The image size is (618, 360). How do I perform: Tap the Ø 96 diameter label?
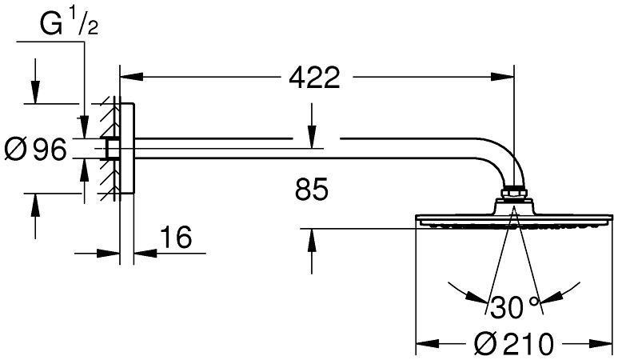(35, 150)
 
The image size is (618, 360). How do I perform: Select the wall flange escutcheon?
(127, 150)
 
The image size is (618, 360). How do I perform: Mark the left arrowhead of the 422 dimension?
(128, 78)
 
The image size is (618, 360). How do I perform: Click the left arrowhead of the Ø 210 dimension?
(425, 344)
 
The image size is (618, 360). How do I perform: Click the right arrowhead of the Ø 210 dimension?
(602, 344)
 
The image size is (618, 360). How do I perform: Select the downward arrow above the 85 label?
(313, 138)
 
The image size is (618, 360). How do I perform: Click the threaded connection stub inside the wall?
(111, 150)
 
